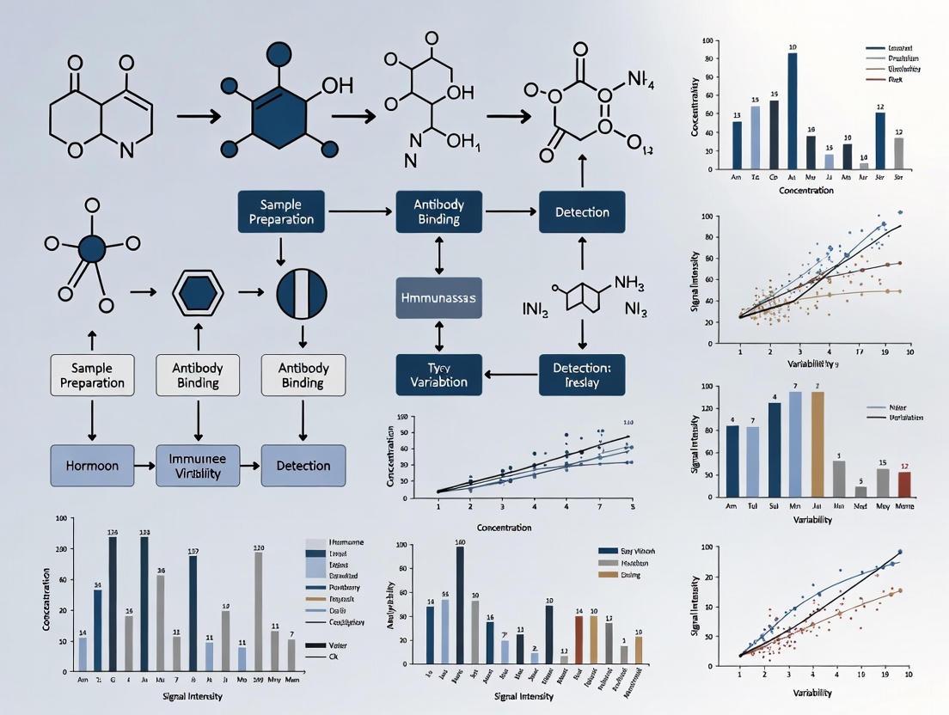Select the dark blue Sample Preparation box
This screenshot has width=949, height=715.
pos(281,212)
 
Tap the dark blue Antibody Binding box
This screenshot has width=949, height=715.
pos(439,212)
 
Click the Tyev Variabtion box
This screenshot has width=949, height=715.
pos(438,375)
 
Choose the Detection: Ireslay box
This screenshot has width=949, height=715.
pos(582,375)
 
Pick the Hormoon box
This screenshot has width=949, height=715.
pos(92,466)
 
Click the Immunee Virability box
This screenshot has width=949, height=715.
pos(198,466)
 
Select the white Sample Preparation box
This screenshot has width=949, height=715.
pos(92,375)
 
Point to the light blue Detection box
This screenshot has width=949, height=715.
pos(303,466)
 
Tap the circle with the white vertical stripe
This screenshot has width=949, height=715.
pos(302,293)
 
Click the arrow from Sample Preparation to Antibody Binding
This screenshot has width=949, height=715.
pos(360,210)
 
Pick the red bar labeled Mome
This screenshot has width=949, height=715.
pos(903,485)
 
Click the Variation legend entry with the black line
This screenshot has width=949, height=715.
pos(903,418)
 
